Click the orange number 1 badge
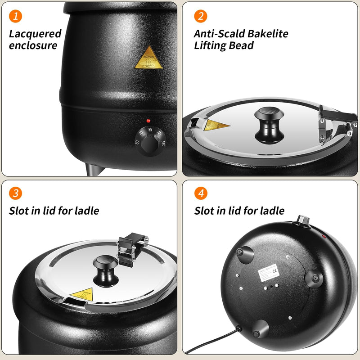pos(16,17)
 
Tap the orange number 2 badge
pos(201,17)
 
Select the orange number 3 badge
pos(16,194)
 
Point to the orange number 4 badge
pos(201,194)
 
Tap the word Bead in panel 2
pos(243,45)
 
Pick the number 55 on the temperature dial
pos(150,130)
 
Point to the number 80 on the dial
pos(136,143)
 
